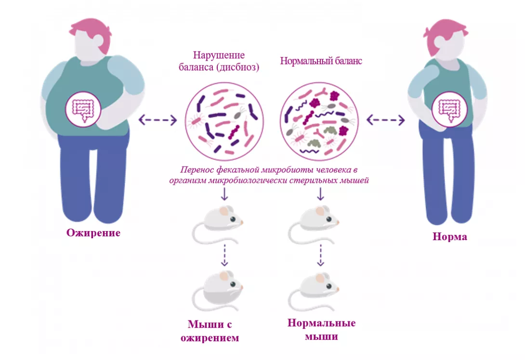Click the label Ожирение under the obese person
[93, 233]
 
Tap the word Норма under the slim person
[450, 237]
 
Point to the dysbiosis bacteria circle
[224, 121]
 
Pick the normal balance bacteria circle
[319, 121]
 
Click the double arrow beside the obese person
[157, 120]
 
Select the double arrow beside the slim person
[386, 120]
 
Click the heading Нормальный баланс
[321, 62]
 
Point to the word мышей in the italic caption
[357, 180]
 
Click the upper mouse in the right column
[314, 221]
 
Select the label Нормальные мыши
[321, 329]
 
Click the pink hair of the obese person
[92, 31]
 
